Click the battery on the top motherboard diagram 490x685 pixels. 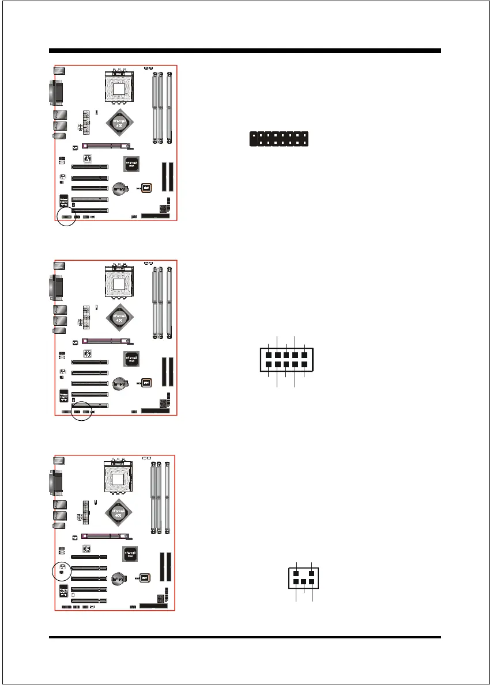pyautogui.click(x=119, y=189)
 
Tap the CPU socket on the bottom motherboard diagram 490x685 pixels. pyautogui.click(x=121, y=479)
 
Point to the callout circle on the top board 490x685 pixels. pyautogui.click(x=66, y=218)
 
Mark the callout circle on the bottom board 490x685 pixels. pyautogui.click(x=62, y=570)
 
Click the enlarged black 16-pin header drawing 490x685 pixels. pyautogui.click(x=279, y=139)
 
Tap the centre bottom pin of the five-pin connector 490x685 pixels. pyautogui.click(x=303, y=582)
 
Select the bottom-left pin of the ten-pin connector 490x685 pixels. pyautogui.click(x=269, y=364)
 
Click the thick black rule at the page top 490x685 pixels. pyautogui.click(x=245, y=51)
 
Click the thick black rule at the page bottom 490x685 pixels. pyautogui.click(x=245, y=637)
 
